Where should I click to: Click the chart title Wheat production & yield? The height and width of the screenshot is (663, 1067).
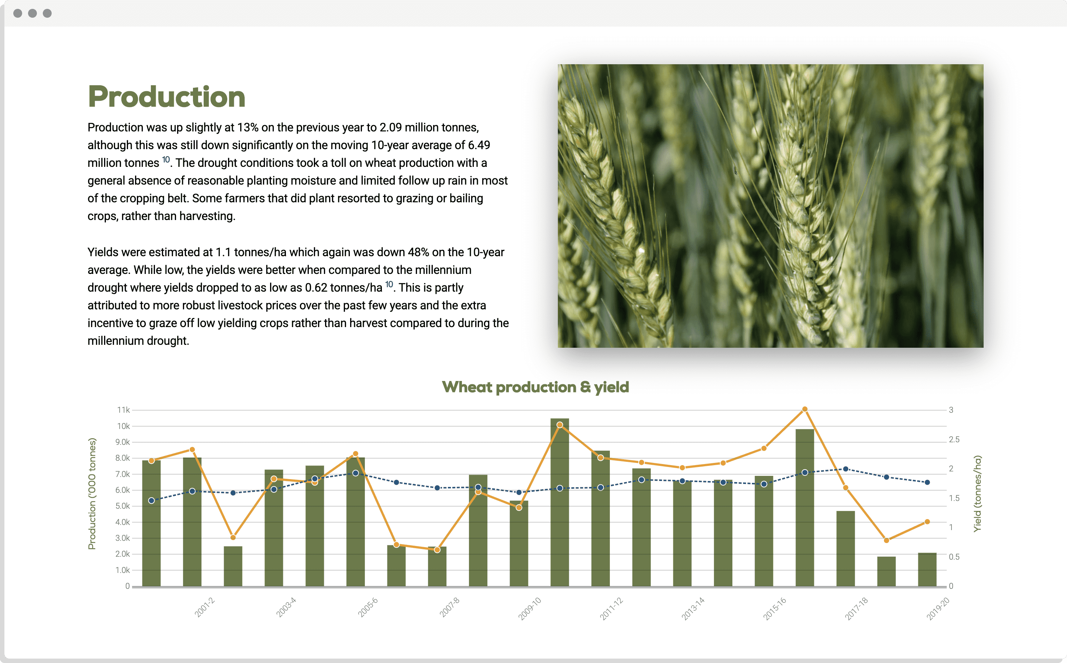535,387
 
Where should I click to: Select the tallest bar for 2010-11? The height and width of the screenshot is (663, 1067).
560,502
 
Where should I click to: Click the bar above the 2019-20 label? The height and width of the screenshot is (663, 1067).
927,569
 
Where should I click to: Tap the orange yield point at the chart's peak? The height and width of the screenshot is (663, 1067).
805,409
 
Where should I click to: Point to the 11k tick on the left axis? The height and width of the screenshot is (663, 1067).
124,410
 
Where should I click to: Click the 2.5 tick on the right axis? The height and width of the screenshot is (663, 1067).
954,439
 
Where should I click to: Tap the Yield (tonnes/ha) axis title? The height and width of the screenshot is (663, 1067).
977,494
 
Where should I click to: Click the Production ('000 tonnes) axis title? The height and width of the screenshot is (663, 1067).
91,494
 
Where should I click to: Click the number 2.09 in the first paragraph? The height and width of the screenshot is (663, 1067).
390,127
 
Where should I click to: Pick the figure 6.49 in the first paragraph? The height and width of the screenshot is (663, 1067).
479,145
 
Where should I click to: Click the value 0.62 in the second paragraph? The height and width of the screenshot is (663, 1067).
316,288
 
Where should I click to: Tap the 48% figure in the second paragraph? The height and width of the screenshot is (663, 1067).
418,252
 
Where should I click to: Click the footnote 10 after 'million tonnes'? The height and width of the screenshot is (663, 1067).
166,159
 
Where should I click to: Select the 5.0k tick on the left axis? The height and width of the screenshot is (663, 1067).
123,506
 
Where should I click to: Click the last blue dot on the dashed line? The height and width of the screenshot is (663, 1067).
927,482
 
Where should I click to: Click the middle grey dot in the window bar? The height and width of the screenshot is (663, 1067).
32,13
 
